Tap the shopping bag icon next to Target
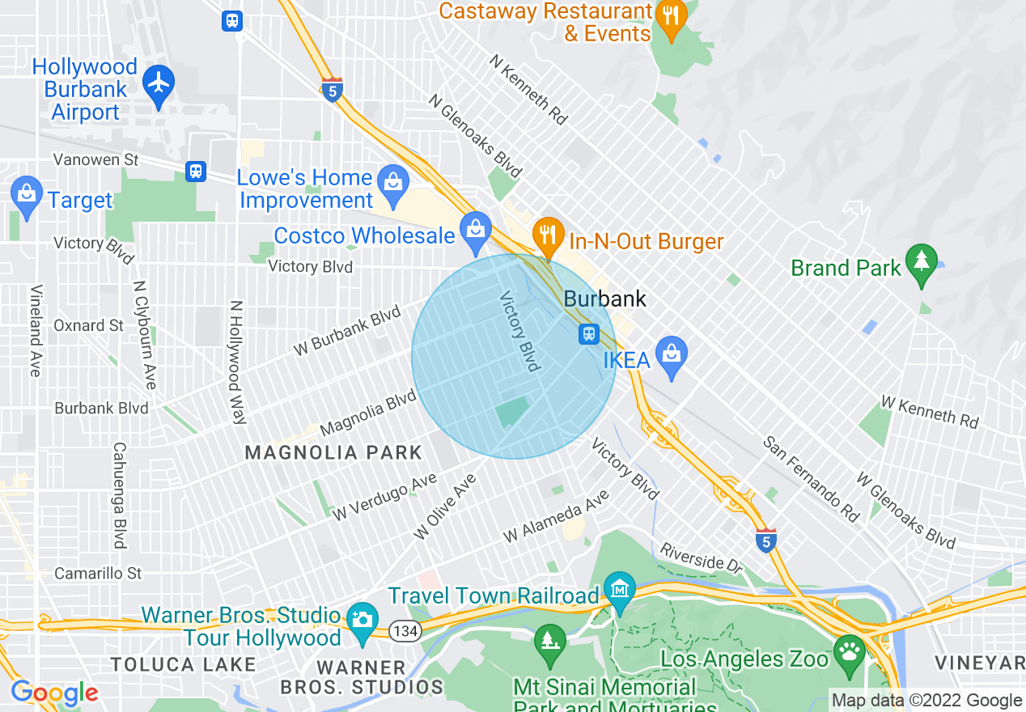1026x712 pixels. click(27, 194)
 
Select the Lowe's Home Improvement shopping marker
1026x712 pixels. click(393, 180)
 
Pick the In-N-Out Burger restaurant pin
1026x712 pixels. click(549, 235)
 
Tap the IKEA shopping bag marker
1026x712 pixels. click(671, 354)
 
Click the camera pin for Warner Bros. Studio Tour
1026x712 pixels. click(361, 620)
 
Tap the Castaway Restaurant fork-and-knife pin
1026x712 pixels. click(670, 15)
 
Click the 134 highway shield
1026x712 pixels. click(405, 630)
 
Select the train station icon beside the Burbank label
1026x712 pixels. click(588, 333)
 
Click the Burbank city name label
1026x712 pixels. click(604, 299)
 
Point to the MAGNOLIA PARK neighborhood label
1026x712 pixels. click(333, 453)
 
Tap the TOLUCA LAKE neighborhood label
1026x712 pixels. click(183, 665)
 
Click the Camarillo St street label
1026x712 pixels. click(98, 574)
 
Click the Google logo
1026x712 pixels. click(54, 693)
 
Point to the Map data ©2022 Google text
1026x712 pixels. click(926, 701)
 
